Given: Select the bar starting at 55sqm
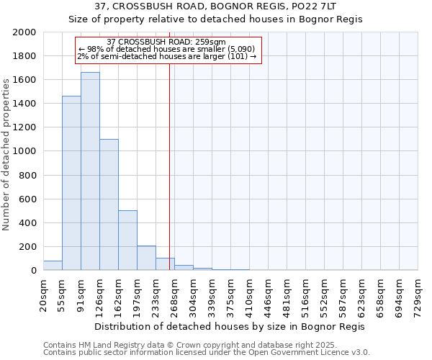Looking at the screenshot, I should point(71,183).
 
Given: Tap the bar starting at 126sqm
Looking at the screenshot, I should point(109,204).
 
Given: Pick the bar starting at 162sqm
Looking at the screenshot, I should point(127,240).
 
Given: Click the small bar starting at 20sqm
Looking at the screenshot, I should point(53,266).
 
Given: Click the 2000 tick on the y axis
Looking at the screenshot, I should point(25,32).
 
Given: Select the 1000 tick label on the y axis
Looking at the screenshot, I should point(25,152).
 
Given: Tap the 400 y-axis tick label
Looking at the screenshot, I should point(28,223).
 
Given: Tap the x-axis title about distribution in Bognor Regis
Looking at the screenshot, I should point(230,326).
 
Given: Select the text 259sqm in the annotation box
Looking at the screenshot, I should point(209,42).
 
